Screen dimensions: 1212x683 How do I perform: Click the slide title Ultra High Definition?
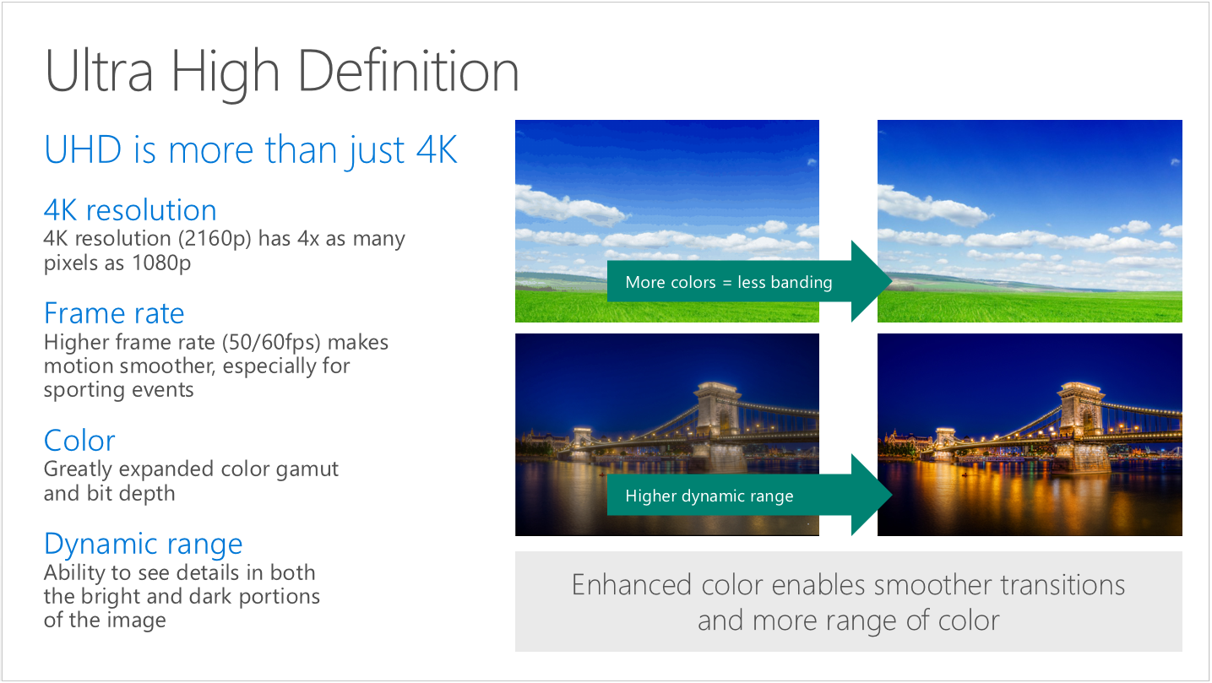tap(282, 72)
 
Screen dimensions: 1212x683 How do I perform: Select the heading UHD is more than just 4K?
tap(251, 150)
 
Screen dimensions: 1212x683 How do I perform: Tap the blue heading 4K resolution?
tap(130, 210)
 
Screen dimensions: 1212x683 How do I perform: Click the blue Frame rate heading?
tap(114, 313)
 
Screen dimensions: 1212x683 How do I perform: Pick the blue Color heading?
tap(79, 440)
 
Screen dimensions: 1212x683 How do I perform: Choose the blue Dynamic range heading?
tap(144, 544)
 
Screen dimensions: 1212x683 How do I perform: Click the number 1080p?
tap(161, 263)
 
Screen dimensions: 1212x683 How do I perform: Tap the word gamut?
tap(307, 469)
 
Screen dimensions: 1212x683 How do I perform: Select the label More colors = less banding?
tap(728, 282)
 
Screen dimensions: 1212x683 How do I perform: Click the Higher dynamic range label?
tap(709, 496)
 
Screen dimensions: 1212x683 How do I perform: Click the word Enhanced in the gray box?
tap(632, 585)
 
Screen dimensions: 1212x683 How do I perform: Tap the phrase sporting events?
tap(118, 390)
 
